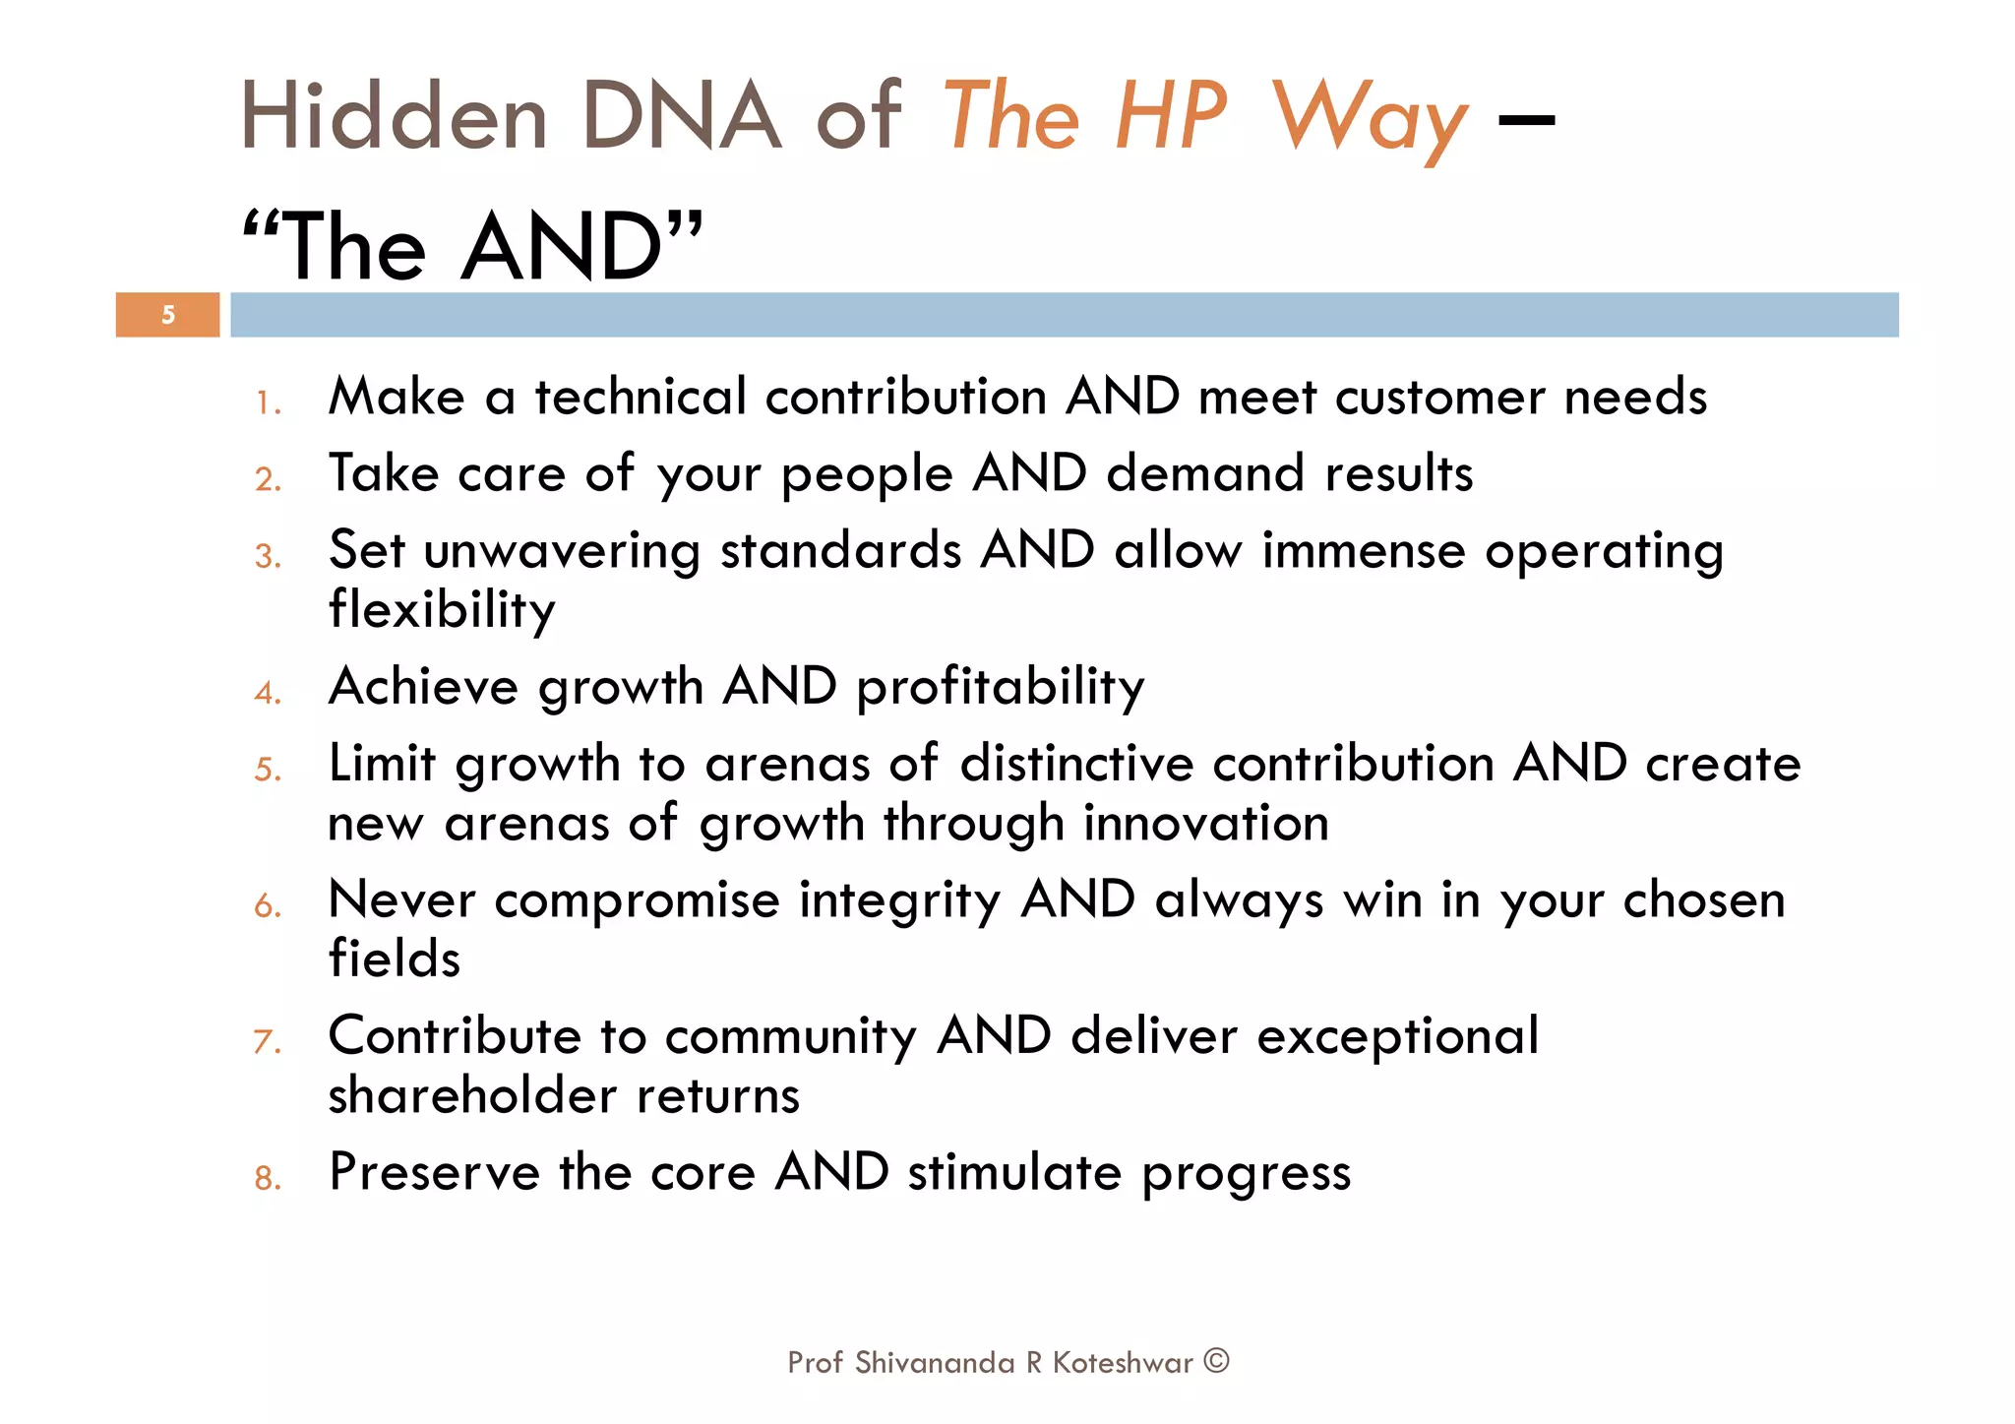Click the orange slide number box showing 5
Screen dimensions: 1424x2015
(167, 315)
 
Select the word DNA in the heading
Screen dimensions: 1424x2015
(681, 118)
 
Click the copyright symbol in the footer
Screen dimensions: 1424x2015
(1217, 1361)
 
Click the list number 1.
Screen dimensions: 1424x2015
(268, 402)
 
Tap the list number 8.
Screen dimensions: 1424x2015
(268, 1178)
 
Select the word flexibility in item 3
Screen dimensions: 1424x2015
(442, 610)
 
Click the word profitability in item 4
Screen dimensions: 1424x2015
(1001, 687)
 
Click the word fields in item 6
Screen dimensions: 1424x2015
(394, 959)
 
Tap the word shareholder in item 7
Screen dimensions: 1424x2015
(471, 1095)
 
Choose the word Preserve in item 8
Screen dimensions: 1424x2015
(433, 1172)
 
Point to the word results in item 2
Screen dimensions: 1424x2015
(1398, 473)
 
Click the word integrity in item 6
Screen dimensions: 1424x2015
(899, 901)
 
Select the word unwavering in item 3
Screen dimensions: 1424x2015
(562, 551)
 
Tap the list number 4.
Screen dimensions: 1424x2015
(268, 693)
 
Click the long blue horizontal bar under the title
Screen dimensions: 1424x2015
(1063, 315)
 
